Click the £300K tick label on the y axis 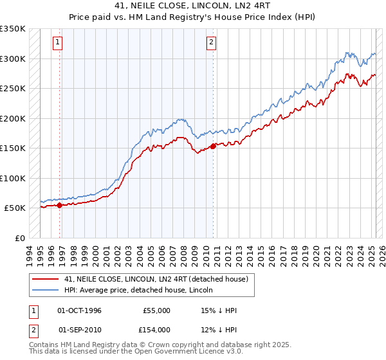(x=13, y=59)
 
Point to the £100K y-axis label (x=13, y=178)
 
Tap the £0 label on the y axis (x=20, y=238)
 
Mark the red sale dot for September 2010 (x=213, y=146)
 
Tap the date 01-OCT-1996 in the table (x=79, y=310)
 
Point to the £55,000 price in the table (x=156, y=310)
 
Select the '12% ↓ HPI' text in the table (x=219, y=329)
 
